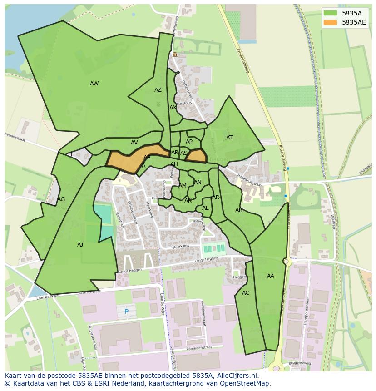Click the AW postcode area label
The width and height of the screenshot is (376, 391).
[94, 84]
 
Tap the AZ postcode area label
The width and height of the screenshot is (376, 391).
[158, 90]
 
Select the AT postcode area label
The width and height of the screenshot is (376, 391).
[229, 138]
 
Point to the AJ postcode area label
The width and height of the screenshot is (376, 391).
[80, 245]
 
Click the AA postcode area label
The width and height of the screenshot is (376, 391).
[271, 276]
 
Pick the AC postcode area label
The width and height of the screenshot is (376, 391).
[246, 293]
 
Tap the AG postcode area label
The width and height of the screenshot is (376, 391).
[61, 199]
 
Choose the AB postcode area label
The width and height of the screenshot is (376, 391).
[239, 210]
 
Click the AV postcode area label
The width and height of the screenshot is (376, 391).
[134, 143]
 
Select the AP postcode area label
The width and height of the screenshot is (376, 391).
[189, 142]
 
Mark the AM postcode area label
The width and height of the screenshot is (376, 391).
[183, 186]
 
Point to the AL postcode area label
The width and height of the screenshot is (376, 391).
[205, 208]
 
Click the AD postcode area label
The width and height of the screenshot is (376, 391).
[216, 198]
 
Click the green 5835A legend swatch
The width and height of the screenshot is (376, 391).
[330, 13]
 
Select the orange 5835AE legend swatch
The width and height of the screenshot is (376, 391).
[330, 22]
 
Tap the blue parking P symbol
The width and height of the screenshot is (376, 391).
[126, 312]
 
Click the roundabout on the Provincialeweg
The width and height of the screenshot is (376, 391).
[286, 262]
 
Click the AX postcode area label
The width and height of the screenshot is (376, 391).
[173, 108]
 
